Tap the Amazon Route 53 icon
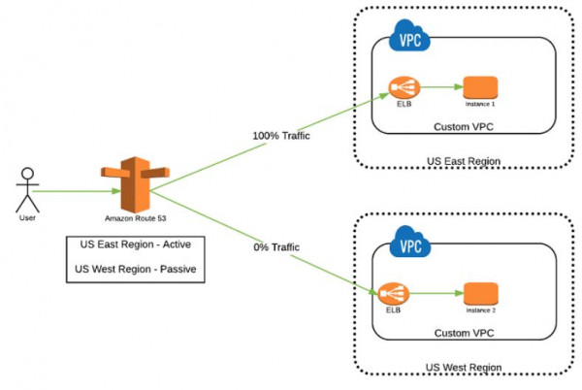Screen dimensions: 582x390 pyautogui.click(x=136, y=184)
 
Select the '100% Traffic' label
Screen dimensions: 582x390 pyautogui.click(x=281, y=136)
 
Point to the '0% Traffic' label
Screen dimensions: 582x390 pyautogui.click(x=276, y=247)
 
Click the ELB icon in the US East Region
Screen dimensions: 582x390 pyautogui.click(x=404, y=87)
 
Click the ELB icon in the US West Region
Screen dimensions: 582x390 pyautogui.click(x=394, y=294)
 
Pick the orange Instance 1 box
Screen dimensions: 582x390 pyautogui.click(x=481, y=87)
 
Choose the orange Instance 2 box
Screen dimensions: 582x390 pyautogui.click(x=481, y=294)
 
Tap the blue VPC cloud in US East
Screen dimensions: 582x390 pyautogui.click(x=409, y=36)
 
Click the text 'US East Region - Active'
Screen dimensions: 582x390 pyautogui.click(x=136, y=244)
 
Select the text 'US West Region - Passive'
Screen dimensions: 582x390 pyautogui.click(x=136, y=269)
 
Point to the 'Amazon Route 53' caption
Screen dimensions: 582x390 pyautogui.click(x=136, y=218)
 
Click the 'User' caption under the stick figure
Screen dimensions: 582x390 pyautogui.click(x=27, y=218)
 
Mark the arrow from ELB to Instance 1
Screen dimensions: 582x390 pyautogui.click(x=441, y=87)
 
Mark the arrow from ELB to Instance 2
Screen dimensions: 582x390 pyautogui.click(x=436, y=293)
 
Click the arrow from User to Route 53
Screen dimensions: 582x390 pyautogui.click(x=77, y=191)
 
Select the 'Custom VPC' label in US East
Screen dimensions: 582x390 pyautogui.click(x=464, y=127)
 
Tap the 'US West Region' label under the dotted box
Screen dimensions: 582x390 pyautogui.click(x=464, y=368)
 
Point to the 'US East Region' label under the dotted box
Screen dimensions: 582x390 pyautogui.click(x=464, y=161)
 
